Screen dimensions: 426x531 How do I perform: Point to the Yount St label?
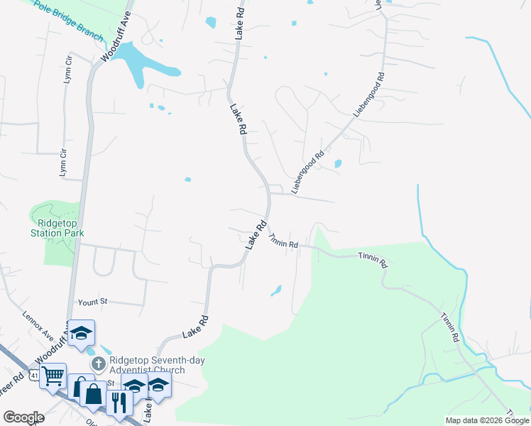(92, 302)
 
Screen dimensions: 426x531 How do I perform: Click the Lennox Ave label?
(38, 324)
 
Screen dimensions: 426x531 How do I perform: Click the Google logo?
(23, 417)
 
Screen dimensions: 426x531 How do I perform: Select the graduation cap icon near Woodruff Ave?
(82, 333)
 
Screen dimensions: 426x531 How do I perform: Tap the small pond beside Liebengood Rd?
(337, 164)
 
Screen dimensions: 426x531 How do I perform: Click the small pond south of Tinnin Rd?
(276, 290)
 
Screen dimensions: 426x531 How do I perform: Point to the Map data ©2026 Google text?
(487, 420)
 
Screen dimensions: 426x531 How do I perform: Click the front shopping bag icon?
(94, 393)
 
